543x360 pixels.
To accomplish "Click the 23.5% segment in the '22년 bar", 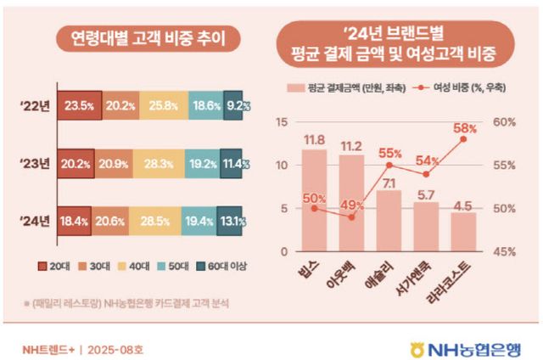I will [81, 106].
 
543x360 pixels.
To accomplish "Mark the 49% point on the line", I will [352, 217].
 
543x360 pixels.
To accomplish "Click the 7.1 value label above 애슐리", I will [389, 182].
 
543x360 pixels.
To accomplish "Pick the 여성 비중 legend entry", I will [446, 88].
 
